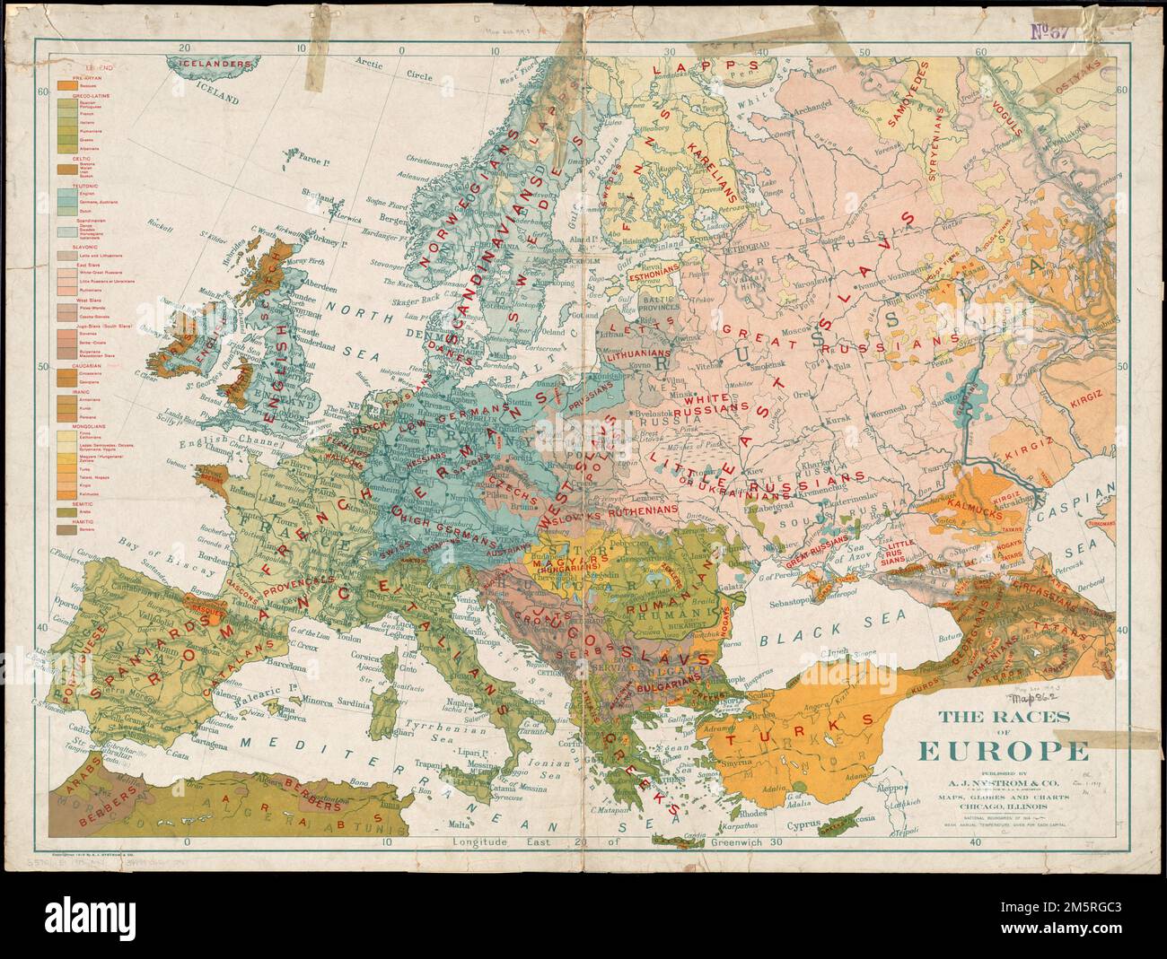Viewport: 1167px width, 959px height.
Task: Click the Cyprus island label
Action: [805, 823]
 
